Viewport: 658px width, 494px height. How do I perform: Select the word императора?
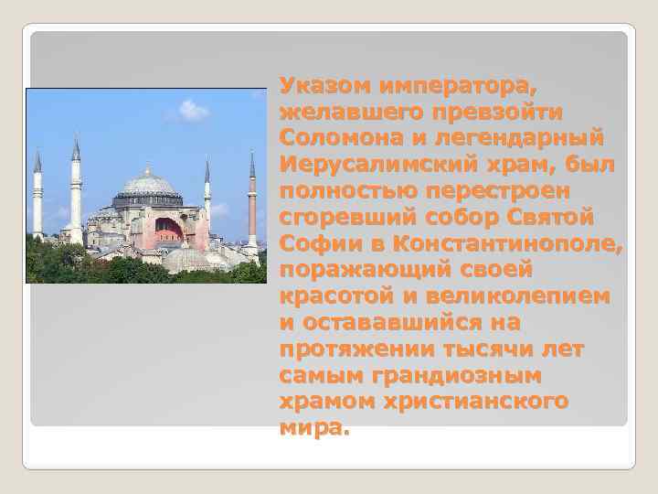pyautogui.click(x=457, y=86)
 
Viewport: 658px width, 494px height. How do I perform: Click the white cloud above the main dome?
pyautogui.click(x=193, y=111)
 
